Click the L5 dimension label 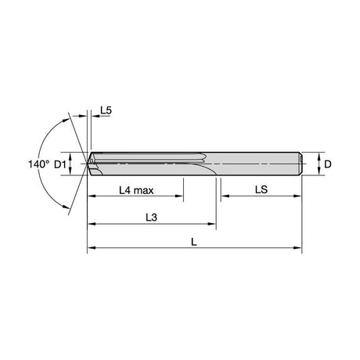point(106,110)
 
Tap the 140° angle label point(38,164)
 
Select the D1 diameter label point(60,164)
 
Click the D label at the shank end point(328,164)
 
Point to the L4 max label point(136,190)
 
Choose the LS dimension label point(261,189)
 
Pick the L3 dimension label point(151,217)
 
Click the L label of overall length point(193,243)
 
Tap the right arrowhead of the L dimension point(297,248)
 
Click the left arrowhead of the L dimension point(92,248)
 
